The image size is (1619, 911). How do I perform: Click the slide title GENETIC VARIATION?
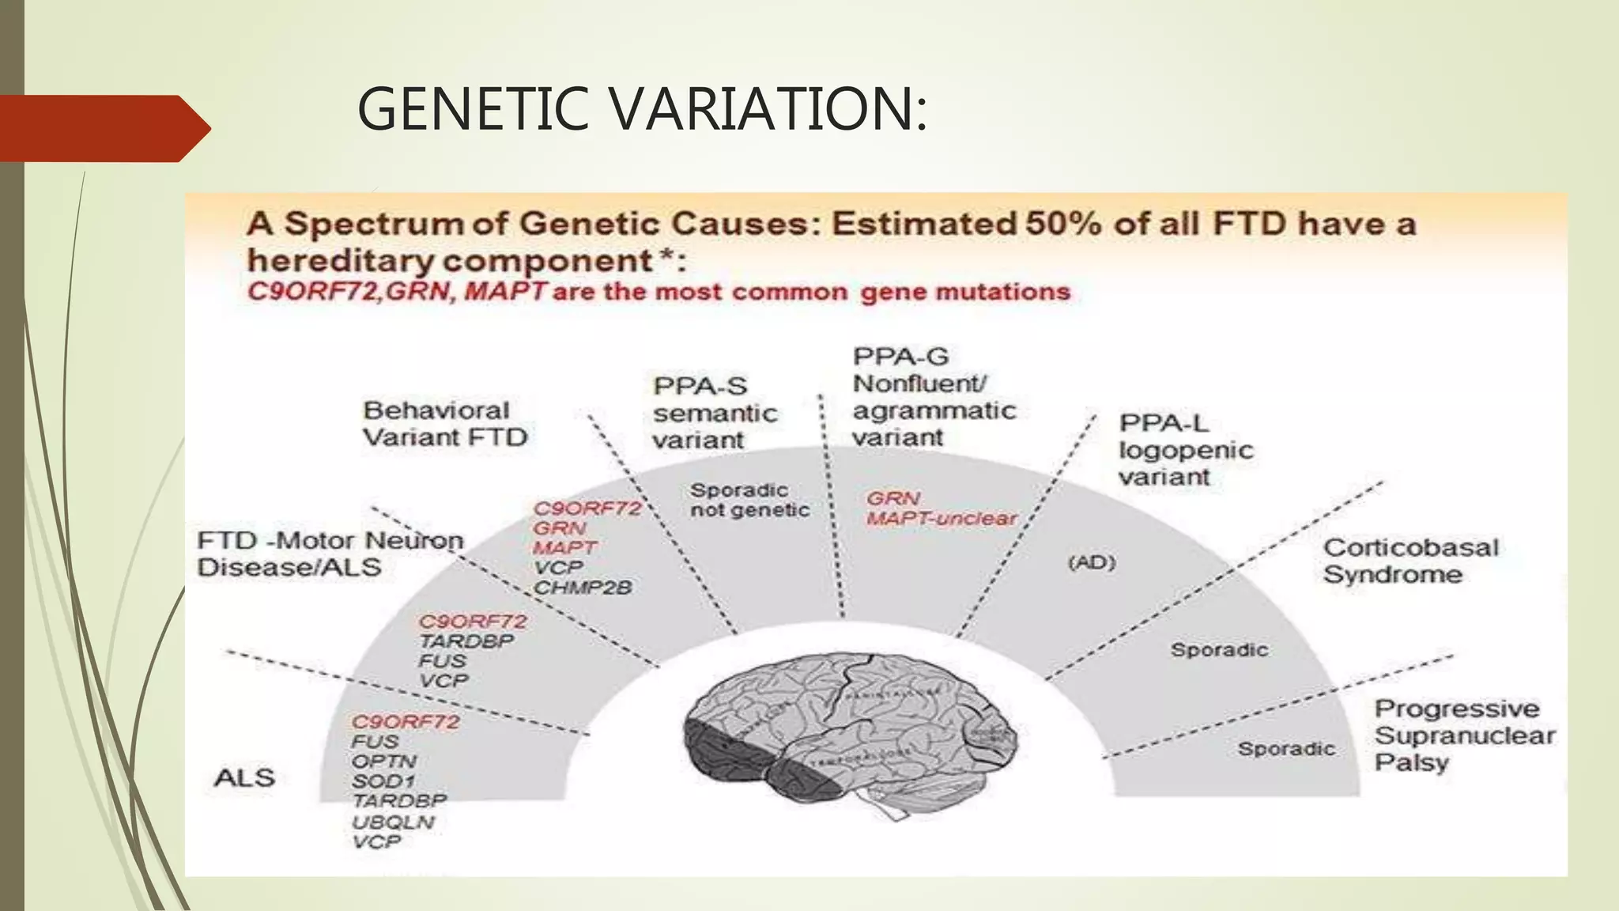tap(642, 109)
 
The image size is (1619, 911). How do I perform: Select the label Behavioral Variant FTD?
tap(444, 424)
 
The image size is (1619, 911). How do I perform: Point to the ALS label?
tap(244, 778)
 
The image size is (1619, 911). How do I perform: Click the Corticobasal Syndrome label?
tap(1410, 561)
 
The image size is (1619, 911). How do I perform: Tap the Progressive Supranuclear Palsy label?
tap(1463, 735)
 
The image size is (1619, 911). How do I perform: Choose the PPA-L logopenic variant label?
tap(1185, 450)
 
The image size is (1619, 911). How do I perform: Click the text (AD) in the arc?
tap(1092, 562)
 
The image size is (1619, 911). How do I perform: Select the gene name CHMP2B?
tap(583, 588)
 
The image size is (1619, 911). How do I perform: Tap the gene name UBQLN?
tap(393, 822)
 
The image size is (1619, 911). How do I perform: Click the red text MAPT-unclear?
tap(942, 519)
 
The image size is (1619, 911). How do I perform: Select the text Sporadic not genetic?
tap(749, 500)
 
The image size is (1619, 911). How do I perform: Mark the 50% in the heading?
tap(1062, 225)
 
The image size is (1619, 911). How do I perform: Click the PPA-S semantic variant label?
tap(714, 413)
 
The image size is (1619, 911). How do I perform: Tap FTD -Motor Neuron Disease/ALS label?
tap(330, 554)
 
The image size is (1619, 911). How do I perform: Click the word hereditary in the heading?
tap(339, 261)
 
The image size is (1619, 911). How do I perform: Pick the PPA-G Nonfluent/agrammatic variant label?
tap(933, 397)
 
